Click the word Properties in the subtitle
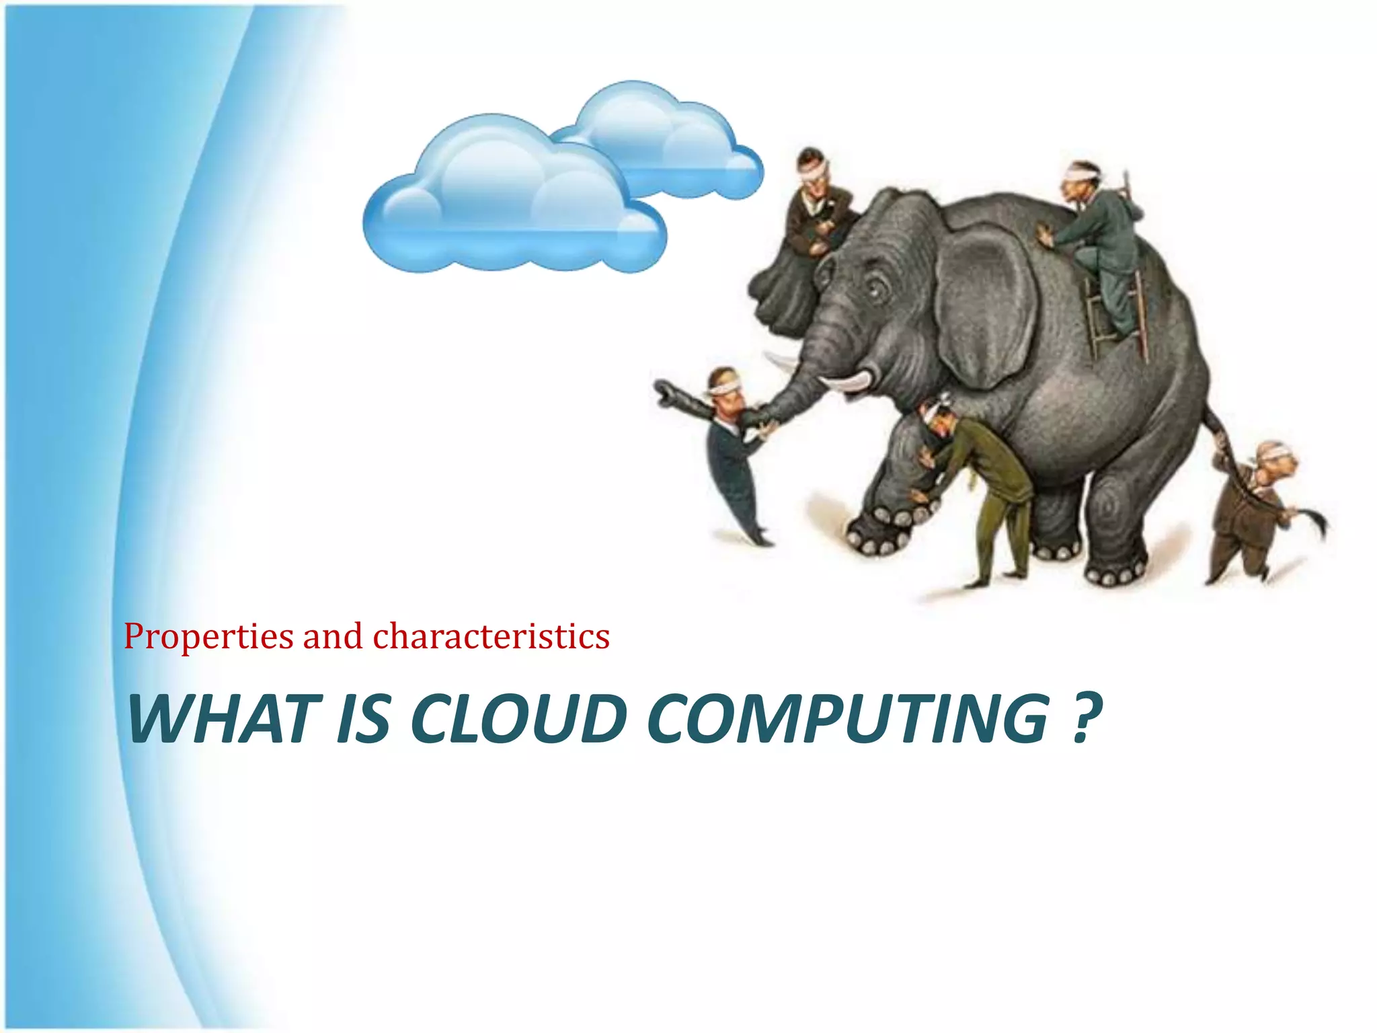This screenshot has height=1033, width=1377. tap(208, 637)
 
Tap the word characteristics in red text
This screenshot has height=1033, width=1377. tap(491, 637)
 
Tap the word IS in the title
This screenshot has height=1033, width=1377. tap(362, 719)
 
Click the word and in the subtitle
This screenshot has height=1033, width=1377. tap(332, 637)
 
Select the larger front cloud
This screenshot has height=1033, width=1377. tap(511, 202)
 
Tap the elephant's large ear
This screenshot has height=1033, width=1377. tap(985, 303)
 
